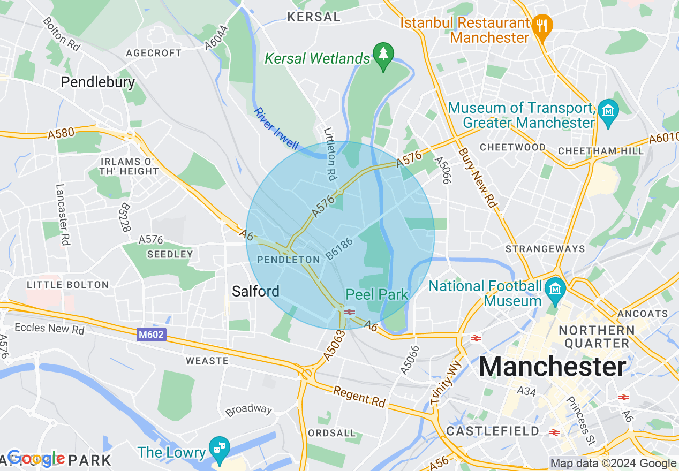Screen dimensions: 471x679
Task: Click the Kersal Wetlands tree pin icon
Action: [x=383, y=55]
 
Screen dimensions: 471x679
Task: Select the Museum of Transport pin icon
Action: [x=608, y=110]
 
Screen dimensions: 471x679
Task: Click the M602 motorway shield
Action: [x=150, y=335]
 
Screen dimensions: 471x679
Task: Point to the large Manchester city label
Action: [x=552, y=367]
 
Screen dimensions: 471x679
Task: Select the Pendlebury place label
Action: [x=97, y=82]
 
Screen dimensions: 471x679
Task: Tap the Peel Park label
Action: [x=377, y=294]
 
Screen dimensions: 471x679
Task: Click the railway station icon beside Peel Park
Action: [x=350, y=312]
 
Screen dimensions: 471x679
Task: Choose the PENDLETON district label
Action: [x=289, y=260]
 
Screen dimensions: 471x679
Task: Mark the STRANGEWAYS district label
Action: [x=545, y=249]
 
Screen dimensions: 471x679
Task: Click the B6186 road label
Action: [x=339, y=249]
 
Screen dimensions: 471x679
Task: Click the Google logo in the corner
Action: [x=36, y=458]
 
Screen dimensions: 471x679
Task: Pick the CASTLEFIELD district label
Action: [x=493, y=431]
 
